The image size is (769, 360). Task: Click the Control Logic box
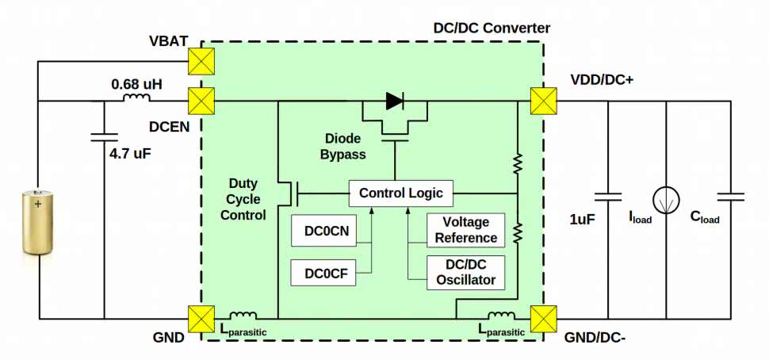click(x=401, y=193)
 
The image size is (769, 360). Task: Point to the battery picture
click(x=37, y=223)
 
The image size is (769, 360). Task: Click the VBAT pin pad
click(x=201, y=59)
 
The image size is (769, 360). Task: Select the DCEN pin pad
click(x=201, y=101)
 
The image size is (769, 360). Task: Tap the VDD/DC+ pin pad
click(x=544, y=101)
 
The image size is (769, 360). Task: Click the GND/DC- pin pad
click(x=544, y=319)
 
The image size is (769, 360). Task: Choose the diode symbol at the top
click(x=394, y=101)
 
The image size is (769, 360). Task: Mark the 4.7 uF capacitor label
click(x=129, y=154)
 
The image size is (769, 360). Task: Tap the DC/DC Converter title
click(x=492, y=28)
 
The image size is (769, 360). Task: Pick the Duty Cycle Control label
click(x=243, y=199)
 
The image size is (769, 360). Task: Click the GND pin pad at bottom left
click(x=201, y=319)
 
